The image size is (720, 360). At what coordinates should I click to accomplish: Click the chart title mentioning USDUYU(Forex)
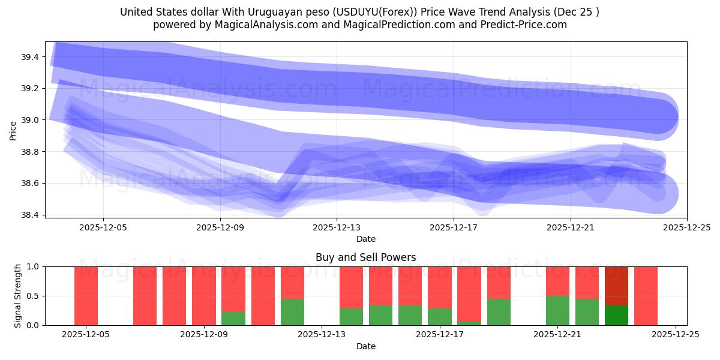359,12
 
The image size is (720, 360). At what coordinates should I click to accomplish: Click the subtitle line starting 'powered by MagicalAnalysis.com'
359,25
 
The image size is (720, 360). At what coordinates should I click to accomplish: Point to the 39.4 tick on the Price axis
30,57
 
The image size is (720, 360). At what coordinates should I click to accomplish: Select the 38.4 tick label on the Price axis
30,215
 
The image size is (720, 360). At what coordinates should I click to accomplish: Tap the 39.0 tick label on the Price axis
30,120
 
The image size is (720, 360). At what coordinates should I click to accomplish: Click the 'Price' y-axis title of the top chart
13,130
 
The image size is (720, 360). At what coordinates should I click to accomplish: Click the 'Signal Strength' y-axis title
18,296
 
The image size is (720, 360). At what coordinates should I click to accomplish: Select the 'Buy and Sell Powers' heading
365,257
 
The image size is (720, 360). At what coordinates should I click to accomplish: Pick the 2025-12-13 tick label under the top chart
337,227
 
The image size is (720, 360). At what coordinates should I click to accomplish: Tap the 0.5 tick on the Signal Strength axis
34,296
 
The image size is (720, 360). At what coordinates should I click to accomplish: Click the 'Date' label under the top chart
365,239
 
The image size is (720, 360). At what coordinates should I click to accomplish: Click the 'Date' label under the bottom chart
365,346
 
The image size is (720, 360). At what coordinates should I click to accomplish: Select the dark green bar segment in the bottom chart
616,316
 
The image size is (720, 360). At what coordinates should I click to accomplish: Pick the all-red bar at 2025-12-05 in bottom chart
86,296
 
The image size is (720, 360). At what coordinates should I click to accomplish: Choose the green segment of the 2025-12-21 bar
557,311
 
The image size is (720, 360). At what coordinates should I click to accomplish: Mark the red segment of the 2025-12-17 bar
440,287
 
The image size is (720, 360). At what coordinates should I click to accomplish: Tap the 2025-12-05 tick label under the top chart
103,227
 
